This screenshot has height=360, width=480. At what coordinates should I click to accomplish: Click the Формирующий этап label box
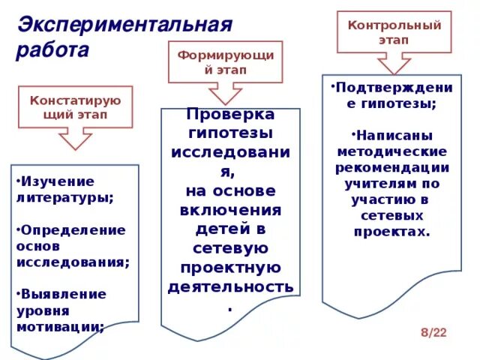tap(225, 62)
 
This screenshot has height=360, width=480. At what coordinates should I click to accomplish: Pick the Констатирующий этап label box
tap(74, 106)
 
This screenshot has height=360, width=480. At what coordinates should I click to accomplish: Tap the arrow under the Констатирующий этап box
tap(74, 139)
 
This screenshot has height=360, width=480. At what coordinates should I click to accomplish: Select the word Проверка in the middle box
tap(230, 115)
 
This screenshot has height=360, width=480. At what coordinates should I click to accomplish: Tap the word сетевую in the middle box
tap(230, 248)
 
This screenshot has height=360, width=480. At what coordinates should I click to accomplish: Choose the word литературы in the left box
tap(64, 197)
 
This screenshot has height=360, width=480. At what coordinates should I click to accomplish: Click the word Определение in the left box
tap(73, 229)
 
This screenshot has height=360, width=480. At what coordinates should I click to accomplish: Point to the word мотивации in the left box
tap(59, 326)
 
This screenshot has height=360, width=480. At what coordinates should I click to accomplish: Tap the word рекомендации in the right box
tap(391, 167)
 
